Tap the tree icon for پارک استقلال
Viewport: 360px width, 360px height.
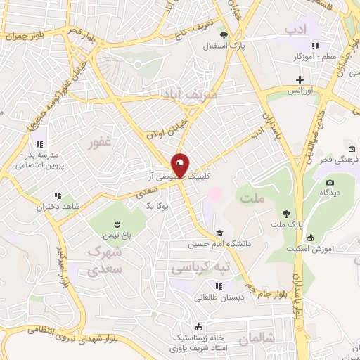(224, 34)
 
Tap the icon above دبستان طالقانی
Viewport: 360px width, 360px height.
(219, 285)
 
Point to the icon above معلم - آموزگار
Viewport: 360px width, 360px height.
(314, 46)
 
